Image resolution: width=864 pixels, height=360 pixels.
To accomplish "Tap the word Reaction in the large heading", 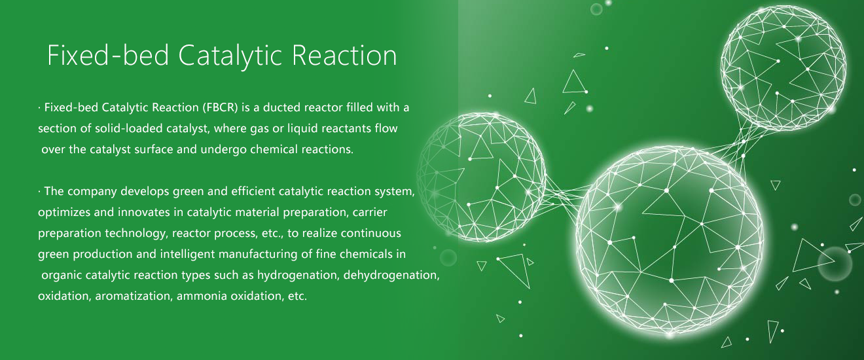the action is [x=344, y=56].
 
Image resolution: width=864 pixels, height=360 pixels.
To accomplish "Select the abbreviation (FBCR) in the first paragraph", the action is [x=220, y=107].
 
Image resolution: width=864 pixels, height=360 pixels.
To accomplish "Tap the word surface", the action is [x=154, y=149].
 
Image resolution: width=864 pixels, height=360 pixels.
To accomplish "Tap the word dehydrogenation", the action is [x=391, y=275].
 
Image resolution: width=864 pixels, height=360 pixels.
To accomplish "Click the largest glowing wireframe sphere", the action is [x=669, y=242].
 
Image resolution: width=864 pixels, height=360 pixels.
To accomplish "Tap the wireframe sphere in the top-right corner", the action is [x=783, y=68].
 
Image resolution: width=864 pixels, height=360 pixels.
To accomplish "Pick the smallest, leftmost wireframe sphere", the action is [x=481, y=177].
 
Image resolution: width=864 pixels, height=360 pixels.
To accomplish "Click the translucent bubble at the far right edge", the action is [x=835, y=264].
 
